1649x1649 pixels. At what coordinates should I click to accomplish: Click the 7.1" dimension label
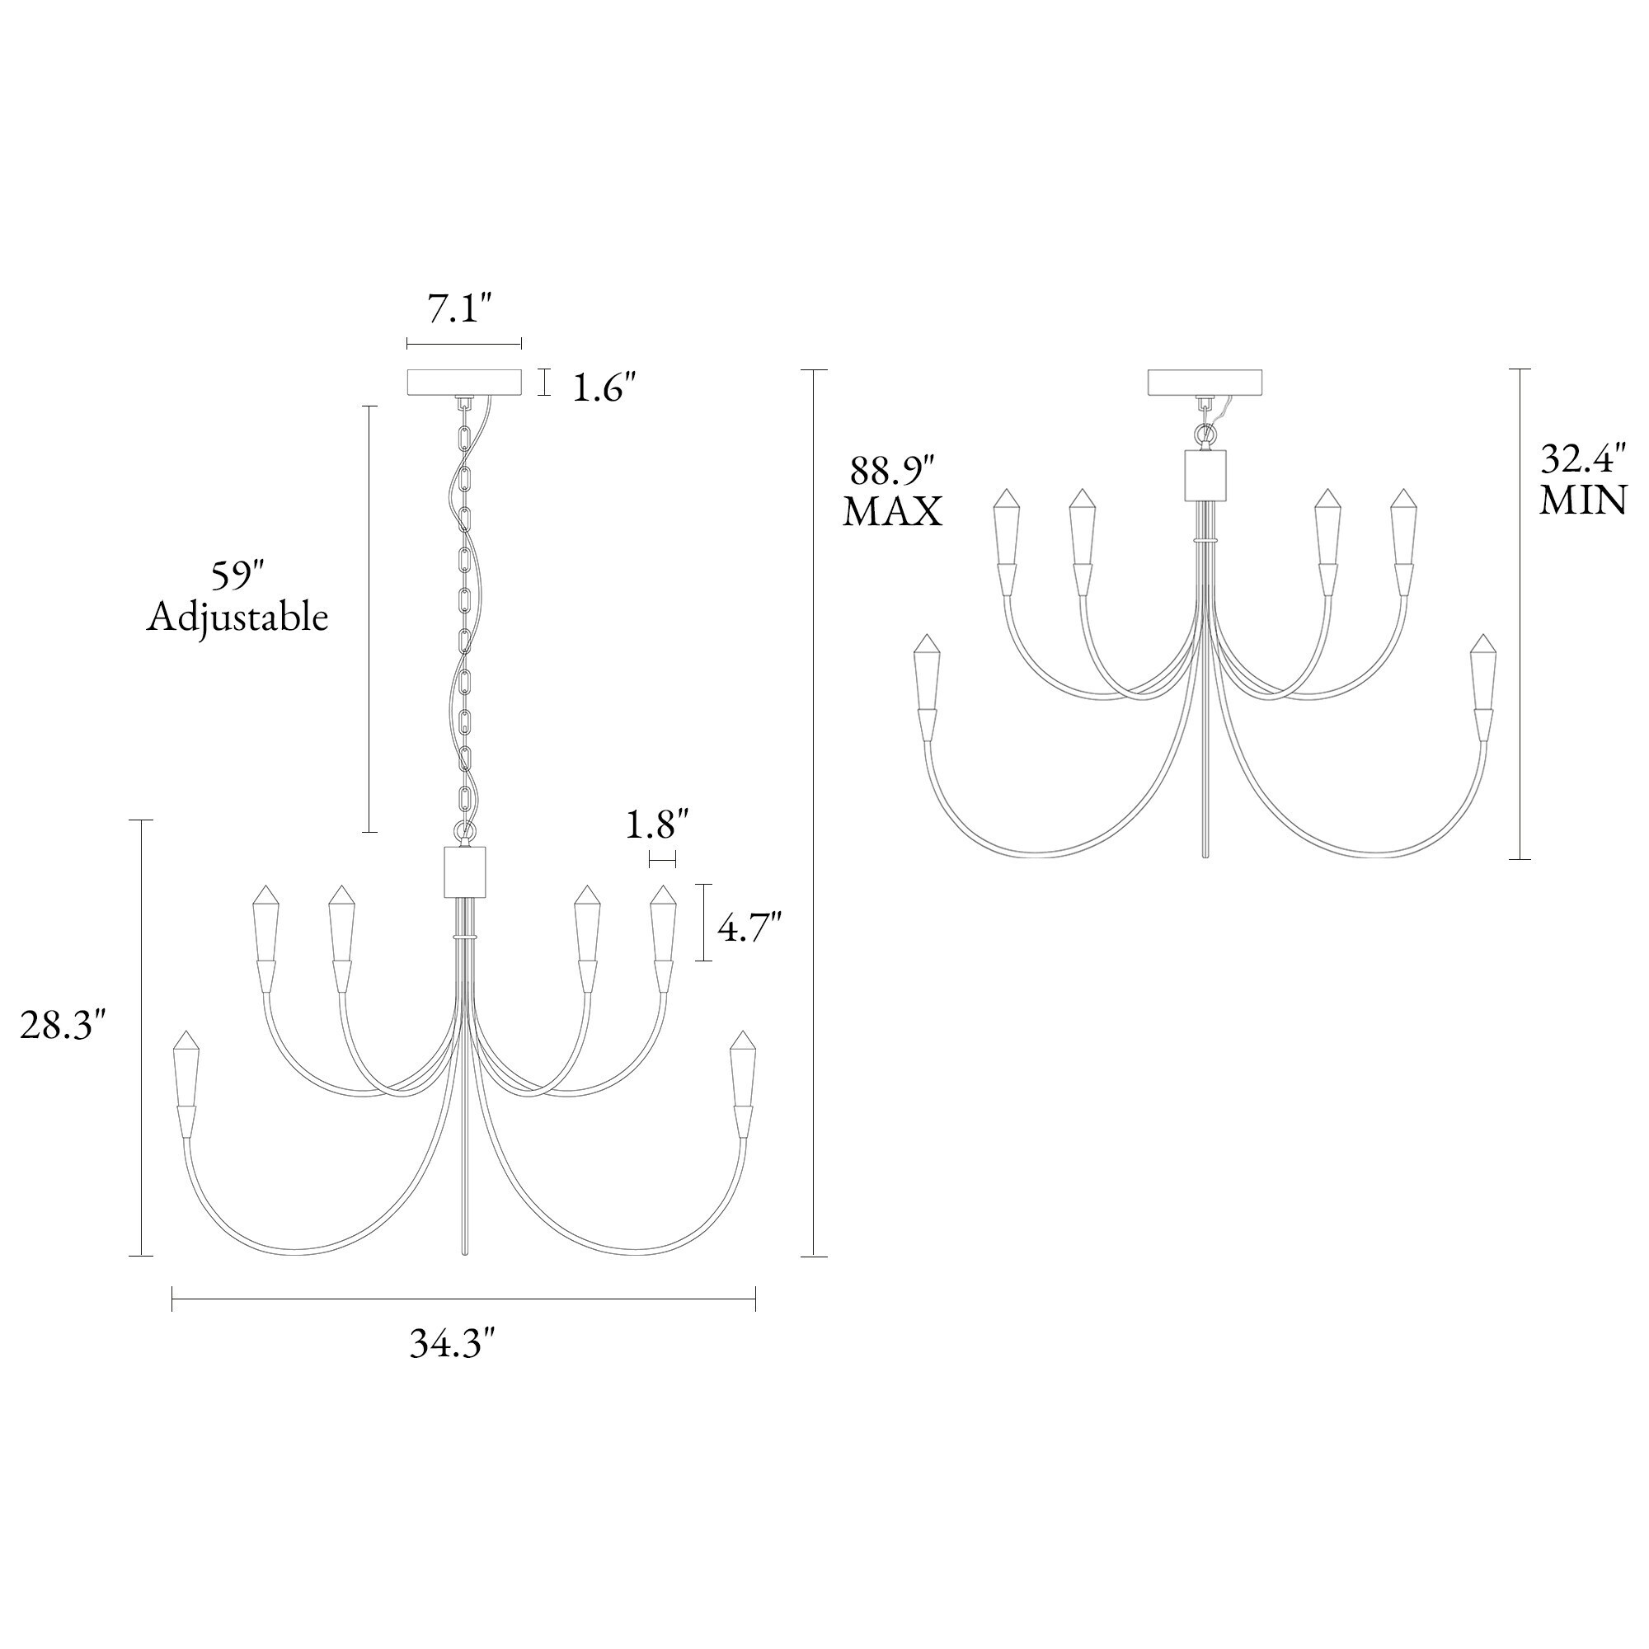tap(461, 308)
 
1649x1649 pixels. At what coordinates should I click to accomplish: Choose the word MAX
tap(893, 512)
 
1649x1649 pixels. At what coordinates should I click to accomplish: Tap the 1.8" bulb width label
tap(657, 825)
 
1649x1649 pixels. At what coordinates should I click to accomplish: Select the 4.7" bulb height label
tap(749, 927)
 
